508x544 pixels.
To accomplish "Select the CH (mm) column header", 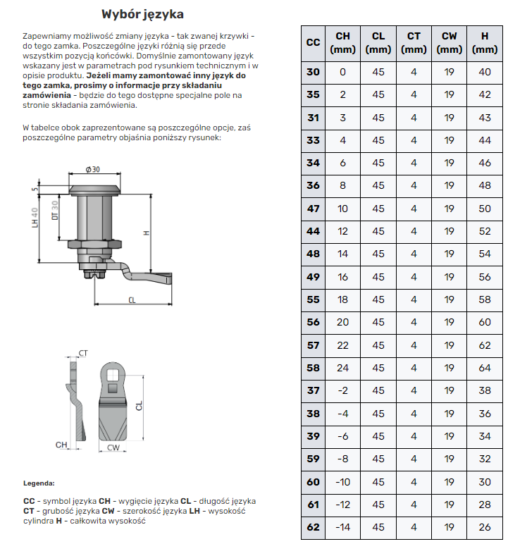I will (342, 42).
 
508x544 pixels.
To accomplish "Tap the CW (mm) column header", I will (449, 42).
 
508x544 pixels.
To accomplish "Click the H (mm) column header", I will (485, 42).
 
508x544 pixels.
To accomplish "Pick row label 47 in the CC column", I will (314, 209).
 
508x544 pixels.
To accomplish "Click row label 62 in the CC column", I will (314, 526).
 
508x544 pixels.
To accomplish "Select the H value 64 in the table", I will (485, 368).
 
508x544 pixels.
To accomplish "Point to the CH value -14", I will (342, 526).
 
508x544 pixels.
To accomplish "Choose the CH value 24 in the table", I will (342, 368).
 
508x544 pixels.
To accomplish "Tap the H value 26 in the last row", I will (485, 526).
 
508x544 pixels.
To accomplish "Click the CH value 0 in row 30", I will (342, 72).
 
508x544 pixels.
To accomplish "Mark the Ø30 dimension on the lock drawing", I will (92, 169).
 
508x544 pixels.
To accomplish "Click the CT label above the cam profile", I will (83, 352).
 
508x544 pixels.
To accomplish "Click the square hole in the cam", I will (113, 386).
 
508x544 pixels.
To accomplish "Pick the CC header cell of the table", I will (314, 42).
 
